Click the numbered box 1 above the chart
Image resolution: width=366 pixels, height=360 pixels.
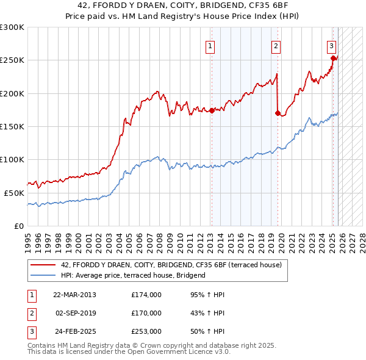click(x=210, y=46)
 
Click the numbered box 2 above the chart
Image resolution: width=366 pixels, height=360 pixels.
click(x=276, y=46)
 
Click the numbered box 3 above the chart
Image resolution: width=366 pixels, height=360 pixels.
click(x=331, y=46)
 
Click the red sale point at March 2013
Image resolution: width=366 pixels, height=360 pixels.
click(x=212, y=110)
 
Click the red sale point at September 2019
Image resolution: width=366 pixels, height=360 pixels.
click(x=278, y=113)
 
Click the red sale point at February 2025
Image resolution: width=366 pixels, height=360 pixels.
click(x=334, y=59)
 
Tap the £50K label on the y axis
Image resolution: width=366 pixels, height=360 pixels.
click(x=14, y=193)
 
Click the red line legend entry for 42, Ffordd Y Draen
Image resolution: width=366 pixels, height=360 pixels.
click(x=171, y=265)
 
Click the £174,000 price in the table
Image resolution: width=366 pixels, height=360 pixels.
click(x=146, y=295)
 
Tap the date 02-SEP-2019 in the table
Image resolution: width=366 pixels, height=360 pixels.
click(x=76, y=313)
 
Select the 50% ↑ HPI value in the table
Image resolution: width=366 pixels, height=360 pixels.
click(x=207, y=331)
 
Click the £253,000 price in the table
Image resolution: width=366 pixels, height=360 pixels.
click(x=146, y=331)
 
